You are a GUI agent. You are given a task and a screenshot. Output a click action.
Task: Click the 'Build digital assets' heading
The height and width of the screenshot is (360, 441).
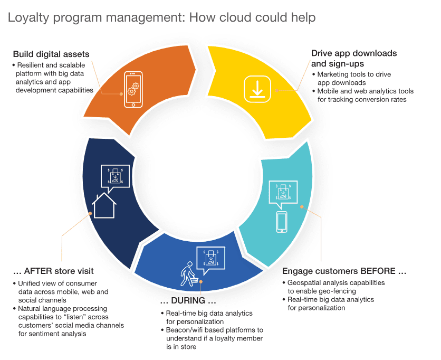(51, 54)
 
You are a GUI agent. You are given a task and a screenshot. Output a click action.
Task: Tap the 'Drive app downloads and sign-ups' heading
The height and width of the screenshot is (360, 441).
(354, 59)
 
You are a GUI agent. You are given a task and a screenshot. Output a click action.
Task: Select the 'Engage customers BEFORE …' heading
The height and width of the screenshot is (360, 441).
(344, 271)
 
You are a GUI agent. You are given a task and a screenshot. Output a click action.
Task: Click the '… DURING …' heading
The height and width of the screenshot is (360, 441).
(188, 300)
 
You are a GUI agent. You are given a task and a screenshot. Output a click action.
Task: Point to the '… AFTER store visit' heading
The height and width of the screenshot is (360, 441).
(53, 271)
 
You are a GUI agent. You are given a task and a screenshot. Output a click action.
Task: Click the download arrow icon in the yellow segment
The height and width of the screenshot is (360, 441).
(257, 89)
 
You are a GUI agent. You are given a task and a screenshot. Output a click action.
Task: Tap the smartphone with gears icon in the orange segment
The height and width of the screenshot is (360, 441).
(133, 90)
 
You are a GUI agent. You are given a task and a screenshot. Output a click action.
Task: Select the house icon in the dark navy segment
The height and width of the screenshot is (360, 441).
(104, 205)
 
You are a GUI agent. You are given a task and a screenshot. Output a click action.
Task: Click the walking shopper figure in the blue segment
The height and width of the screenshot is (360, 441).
(187, 274)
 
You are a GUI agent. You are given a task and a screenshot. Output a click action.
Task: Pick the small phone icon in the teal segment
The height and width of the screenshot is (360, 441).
(282, 222)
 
